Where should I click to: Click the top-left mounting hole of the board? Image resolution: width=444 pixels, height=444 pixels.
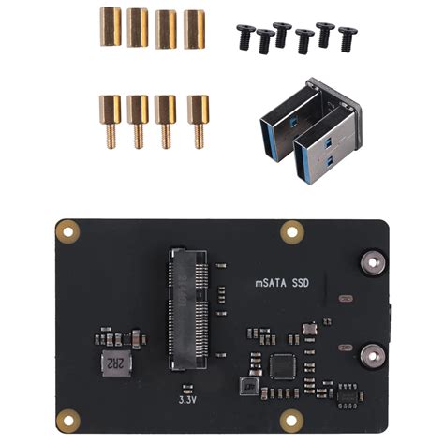coord(67,229)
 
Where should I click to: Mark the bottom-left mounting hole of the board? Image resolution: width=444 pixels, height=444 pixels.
coord(67,420)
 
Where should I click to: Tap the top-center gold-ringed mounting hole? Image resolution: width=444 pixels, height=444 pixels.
coord(293,229)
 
